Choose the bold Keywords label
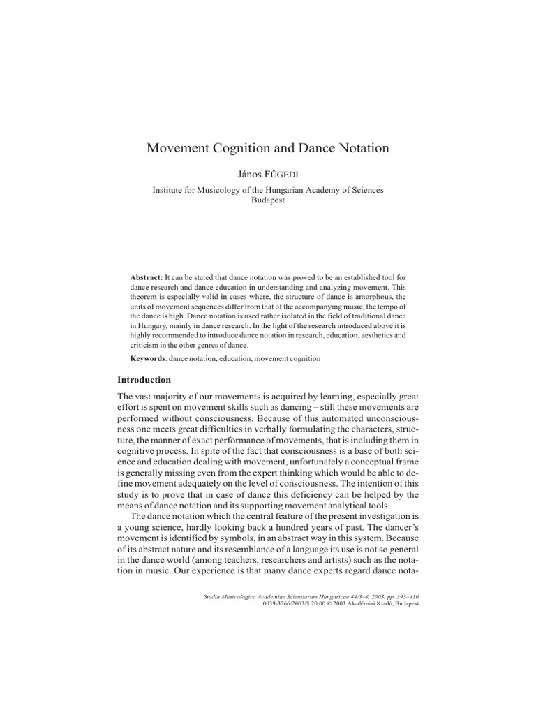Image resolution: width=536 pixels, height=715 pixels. (149, 358)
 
